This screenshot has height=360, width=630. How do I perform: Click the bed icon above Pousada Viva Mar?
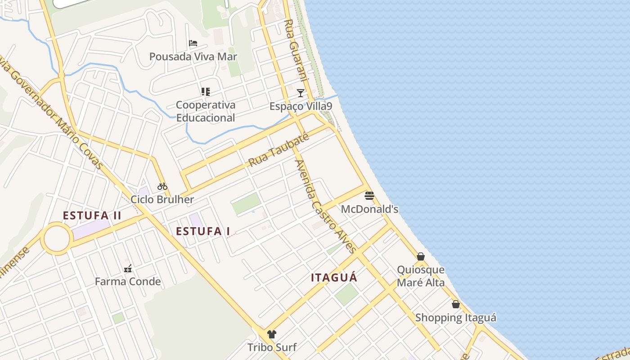coord(193,43)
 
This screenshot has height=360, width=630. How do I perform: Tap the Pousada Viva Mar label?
coord(193,57)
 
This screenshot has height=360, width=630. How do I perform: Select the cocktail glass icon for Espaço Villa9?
coord(301,93)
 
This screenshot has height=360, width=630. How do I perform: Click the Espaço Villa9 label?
coord(301,106)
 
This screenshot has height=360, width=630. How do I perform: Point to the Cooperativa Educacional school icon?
coord(206,92)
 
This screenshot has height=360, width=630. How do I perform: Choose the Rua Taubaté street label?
coord(279,149)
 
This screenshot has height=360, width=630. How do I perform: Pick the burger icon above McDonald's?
coord(369,196)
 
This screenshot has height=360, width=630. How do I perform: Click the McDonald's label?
coord(369,209)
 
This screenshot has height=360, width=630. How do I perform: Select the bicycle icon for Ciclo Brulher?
coord(162,186)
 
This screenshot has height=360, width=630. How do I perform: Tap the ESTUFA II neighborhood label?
coord(92,216)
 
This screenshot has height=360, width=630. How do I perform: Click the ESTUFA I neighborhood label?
coord(203,231)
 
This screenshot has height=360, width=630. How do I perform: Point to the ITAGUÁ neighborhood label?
coord(334,278)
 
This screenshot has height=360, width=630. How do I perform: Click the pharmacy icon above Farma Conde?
coord(128,269)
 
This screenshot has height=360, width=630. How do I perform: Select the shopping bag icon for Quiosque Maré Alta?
coord(421,256)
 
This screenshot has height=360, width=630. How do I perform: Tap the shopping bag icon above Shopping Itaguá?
coord(456,304)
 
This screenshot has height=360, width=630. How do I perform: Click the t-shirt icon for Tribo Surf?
coord(272,334)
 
